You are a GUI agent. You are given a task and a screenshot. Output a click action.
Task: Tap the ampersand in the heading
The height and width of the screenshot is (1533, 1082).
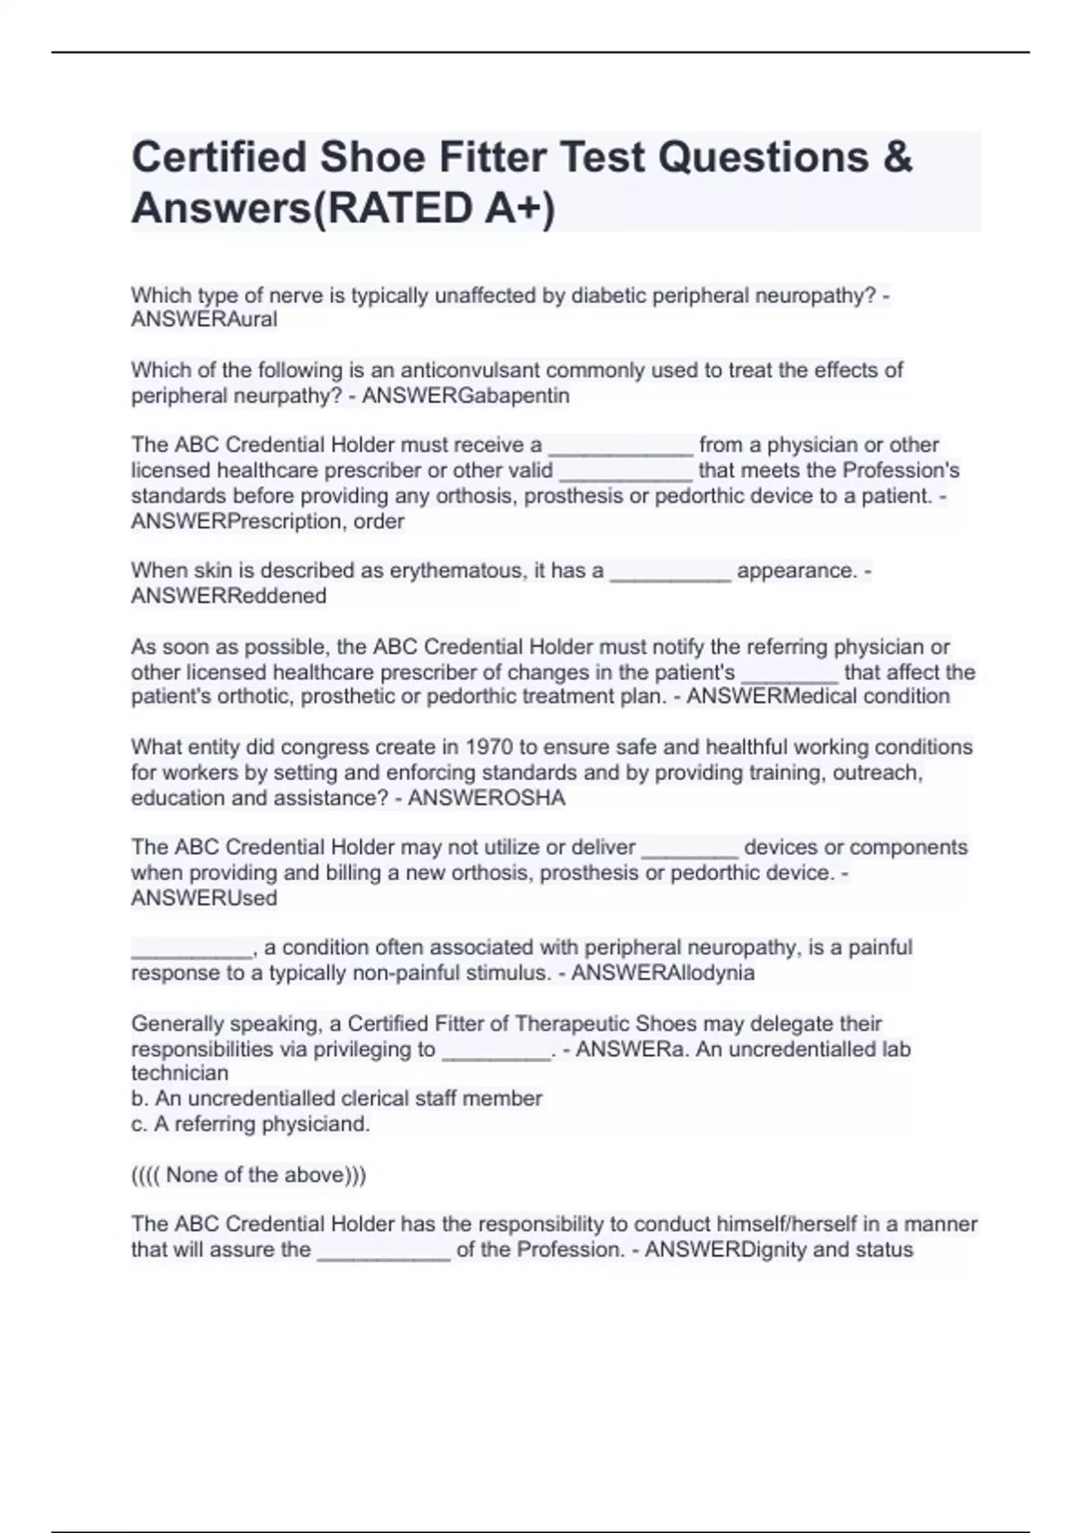coord(896,157)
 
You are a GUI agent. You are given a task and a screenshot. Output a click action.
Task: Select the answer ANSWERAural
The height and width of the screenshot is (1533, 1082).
coord(204,320)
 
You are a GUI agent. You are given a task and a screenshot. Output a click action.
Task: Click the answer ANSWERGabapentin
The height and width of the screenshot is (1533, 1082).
coord(465,396)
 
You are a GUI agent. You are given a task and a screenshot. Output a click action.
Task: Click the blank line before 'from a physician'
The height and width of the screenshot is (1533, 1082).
coord(620,445)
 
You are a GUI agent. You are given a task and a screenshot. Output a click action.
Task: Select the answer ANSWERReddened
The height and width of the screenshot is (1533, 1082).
coord(228,596)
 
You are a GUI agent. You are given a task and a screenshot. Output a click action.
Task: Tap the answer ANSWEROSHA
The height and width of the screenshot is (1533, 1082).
coord(486,798)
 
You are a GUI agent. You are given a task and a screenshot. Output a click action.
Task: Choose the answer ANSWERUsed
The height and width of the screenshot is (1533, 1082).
coord(204,898)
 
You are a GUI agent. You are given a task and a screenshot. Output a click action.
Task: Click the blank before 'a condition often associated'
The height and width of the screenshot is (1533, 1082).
coord(191,949)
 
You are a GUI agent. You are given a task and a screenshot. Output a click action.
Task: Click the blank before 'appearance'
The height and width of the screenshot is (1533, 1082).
coord(670,572)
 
